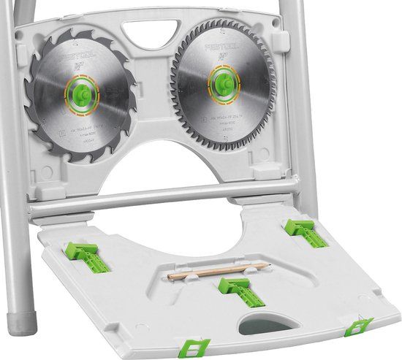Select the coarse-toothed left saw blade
pos(55,110)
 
